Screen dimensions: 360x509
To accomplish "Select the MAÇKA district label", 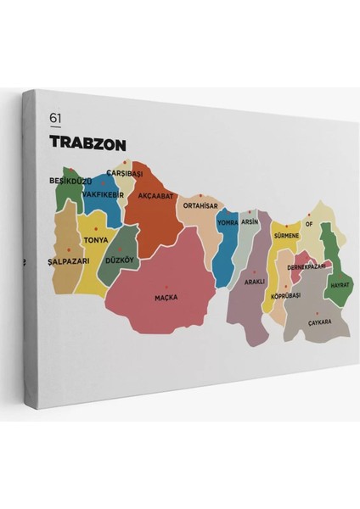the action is pyautogui.click(x=166, y=297).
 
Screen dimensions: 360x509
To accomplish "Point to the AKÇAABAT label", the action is pyautogui.click(x=155, y=195).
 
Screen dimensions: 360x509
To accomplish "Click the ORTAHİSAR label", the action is pyautogui.click(x=201, y=204).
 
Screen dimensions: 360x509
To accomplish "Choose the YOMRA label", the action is pyautogui.click(x=228, y=222).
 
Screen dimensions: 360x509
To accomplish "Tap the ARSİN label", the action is pyautogui.click(x=249, y=221).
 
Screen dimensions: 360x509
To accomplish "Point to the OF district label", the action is pyautogui.click(x=309, y=225).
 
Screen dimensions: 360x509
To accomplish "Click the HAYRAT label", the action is pyautogui.click(x=340, y=284).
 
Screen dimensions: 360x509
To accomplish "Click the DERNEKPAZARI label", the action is pyautogui.click(x=307, y=266).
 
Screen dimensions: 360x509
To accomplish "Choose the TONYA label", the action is pyautogui.click(x=96, y=240).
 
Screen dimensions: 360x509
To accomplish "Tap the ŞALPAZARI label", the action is pyautogui.click(x=69, y=261).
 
